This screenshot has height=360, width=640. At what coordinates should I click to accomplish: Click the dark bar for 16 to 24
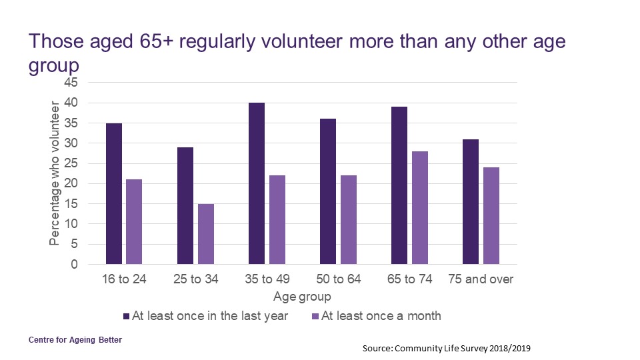114,193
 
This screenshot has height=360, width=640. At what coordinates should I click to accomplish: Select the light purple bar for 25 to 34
206,233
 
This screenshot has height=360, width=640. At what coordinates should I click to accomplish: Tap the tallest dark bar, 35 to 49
257,183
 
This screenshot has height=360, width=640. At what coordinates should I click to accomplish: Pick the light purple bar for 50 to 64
349,220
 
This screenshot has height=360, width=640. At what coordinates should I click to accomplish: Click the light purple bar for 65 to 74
420,207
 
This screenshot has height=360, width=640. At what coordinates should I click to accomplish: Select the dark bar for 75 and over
471,201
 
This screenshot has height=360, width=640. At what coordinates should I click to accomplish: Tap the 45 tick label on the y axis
71,83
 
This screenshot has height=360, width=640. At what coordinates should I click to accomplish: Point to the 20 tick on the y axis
71,183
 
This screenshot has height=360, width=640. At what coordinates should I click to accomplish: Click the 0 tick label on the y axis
74,264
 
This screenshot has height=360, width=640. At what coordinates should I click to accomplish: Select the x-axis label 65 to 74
409,279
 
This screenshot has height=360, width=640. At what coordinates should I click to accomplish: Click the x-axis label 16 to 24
124,279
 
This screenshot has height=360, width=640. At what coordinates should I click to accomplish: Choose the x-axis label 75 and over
481,279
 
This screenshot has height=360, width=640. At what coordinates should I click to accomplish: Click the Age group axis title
302,296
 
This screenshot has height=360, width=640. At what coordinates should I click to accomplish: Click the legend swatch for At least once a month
315,316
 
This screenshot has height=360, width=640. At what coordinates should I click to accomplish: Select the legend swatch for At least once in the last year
127,316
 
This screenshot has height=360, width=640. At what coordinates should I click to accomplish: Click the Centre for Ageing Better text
75,340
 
